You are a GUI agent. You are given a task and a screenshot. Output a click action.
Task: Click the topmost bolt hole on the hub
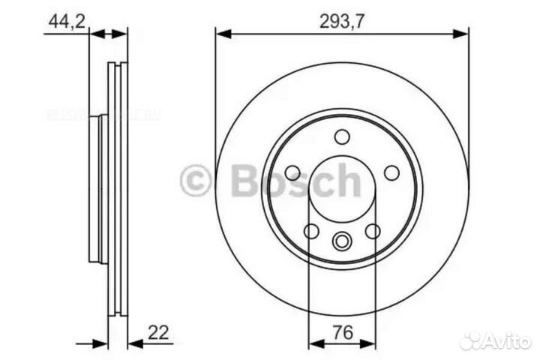342,137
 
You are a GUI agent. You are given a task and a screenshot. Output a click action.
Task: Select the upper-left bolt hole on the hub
292,173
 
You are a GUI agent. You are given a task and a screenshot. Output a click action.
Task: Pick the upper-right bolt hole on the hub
391,173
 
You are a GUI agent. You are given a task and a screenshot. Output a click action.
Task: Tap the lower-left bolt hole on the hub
311,231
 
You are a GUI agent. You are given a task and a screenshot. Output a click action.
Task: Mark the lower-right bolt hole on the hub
373,231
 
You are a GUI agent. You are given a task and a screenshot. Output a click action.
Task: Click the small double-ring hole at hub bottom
342,241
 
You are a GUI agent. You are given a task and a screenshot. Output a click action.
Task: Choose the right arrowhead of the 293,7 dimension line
463,33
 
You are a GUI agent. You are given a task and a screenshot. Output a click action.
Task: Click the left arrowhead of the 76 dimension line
315,344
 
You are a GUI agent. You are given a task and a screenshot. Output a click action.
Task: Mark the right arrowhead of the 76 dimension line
369,344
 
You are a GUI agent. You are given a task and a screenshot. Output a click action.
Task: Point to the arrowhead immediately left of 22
134,344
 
